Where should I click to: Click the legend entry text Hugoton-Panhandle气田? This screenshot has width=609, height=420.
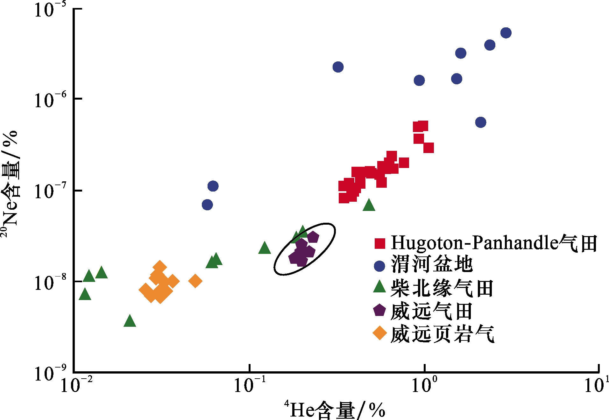[494, 243]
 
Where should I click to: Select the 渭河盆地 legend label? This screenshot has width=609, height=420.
[432, 264]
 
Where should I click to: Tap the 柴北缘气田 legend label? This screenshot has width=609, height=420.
[442, 288]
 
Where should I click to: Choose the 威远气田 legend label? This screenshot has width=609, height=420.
[431, 311]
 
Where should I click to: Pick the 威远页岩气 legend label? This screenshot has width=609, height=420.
[442, 334]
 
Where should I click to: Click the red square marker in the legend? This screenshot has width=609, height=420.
[380, 243]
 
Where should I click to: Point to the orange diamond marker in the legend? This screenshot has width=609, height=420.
[380, 333]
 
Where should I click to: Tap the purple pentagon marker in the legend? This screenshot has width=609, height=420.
[379, 310]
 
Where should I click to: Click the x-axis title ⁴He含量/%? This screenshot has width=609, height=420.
[335, 409]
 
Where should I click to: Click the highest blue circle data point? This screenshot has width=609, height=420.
[506, 33]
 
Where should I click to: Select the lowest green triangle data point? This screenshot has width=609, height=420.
[130, 321]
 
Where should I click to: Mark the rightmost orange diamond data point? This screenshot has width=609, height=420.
[195, 281]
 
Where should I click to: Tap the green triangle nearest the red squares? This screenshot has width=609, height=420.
[369, 205]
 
